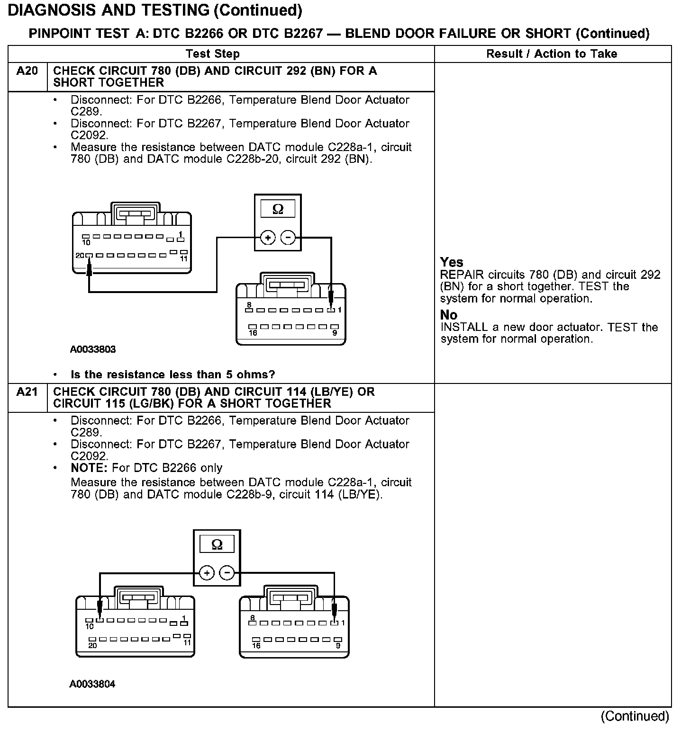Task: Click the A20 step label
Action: pos(27,71)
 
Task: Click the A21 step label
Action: pos(27,392)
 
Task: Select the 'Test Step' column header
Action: pos(212,54)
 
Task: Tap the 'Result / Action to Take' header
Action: pos(552,54)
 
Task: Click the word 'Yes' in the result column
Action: pos(452,262)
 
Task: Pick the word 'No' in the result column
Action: pos(449,315)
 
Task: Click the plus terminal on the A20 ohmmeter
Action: pos(268,238)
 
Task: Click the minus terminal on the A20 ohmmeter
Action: pos(288,238)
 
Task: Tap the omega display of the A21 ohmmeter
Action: pos(217,544)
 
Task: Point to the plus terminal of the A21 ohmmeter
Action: pos(207,573)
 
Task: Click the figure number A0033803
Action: pos(93,349)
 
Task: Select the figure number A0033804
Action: pos(92,684)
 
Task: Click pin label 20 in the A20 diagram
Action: pos(79,256)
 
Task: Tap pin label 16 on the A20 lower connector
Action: pos(253,333)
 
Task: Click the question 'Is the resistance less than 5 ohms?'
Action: pos(172,374)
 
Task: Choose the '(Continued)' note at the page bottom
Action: pos(635,716)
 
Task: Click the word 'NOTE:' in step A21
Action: pos(90,468)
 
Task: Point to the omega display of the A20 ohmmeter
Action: pos(278,209)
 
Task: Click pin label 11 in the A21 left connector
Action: pos(187,643)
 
